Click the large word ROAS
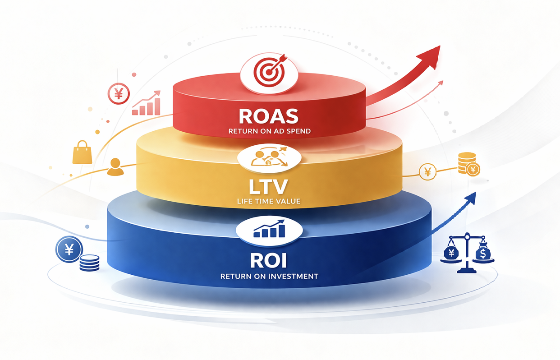268,116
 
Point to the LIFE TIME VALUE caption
268,201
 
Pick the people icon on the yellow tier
269,158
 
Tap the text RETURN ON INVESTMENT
269,276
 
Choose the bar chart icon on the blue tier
269,229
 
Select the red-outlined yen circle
119,94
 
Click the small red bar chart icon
147,103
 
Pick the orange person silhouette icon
115,167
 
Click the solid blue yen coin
69,249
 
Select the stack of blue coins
89,263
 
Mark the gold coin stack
467,163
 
